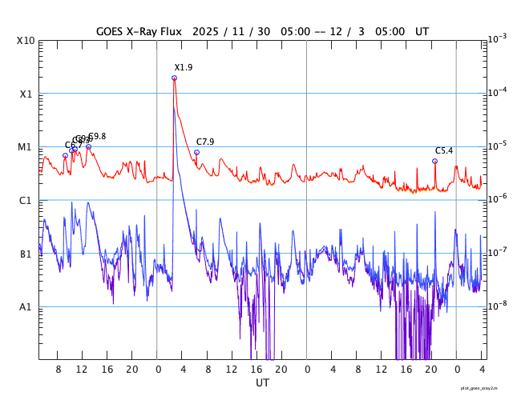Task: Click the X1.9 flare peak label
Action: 184,68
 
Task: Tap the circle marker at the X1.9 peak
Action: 174,78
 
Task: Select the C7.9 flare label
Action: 205,142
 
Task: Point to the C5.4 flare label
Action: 444,150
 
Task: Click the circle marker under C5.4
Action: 434,161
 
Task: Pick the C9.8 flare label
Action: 97,137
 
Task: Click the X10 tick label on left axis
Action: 26,41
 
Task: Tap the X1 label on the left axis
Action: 26,94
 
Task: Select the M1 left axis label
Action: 26,147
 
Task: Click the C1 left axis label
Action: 26,200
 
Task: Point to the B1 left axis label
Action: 26,254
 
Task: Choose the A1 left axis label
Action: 26,306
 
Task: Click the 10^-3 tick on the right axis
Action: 497,39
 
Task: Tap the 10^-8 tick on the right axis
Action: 497,306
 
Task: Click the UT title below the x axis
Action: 262,383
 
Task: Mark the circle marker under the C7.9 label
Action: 196,152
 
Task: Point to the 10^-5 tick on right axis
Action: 497,146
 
